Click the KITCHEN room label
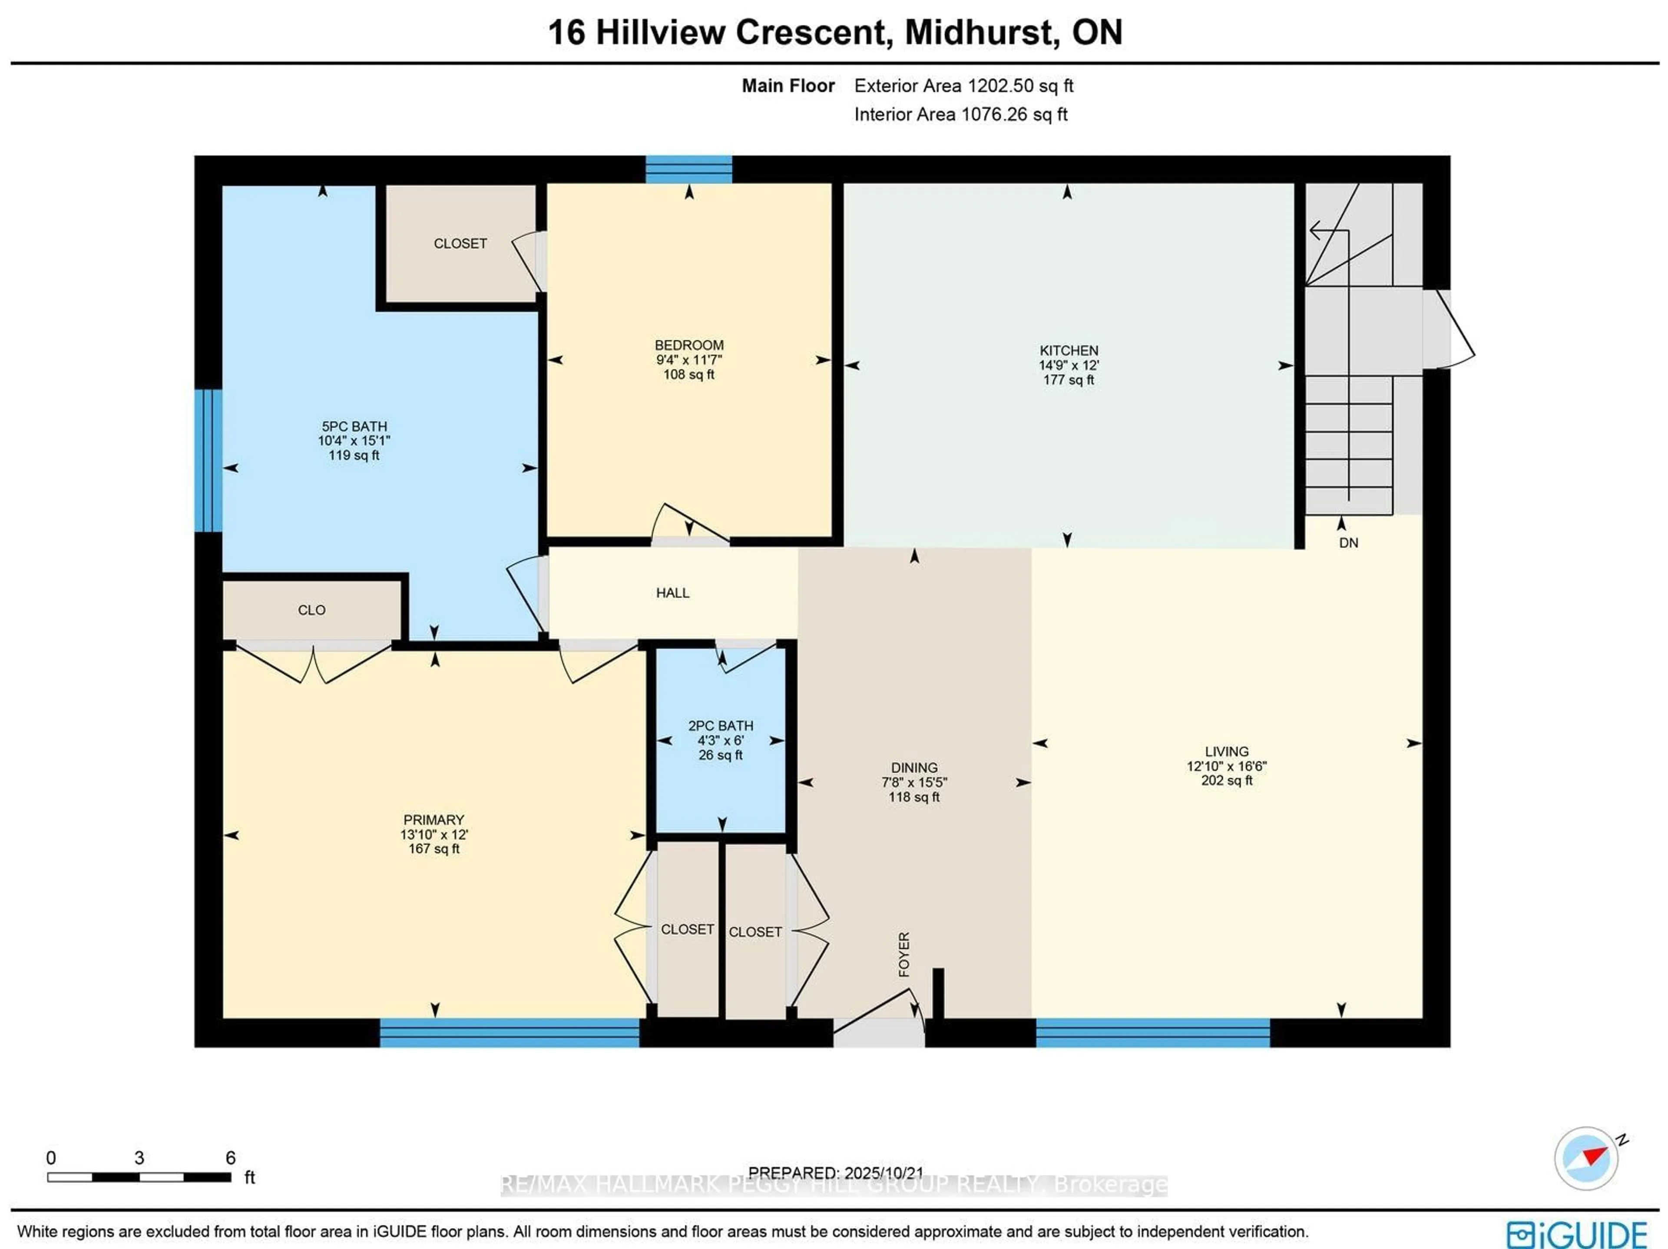click(1069, 351)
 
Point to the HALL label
click(672, 593)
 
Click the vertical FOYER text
click(904, 954)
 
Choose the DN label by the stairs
click(1348, 542)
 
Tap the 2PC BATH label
click(720, 726)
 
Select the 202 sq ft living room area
click(1226, 780)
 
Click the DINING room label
click(914, 767)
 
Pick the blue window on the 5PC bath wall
click(208, 460)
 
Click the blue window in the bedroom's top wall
click(688, 169)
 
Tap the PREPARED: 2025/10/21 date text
click(835, 1173)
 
